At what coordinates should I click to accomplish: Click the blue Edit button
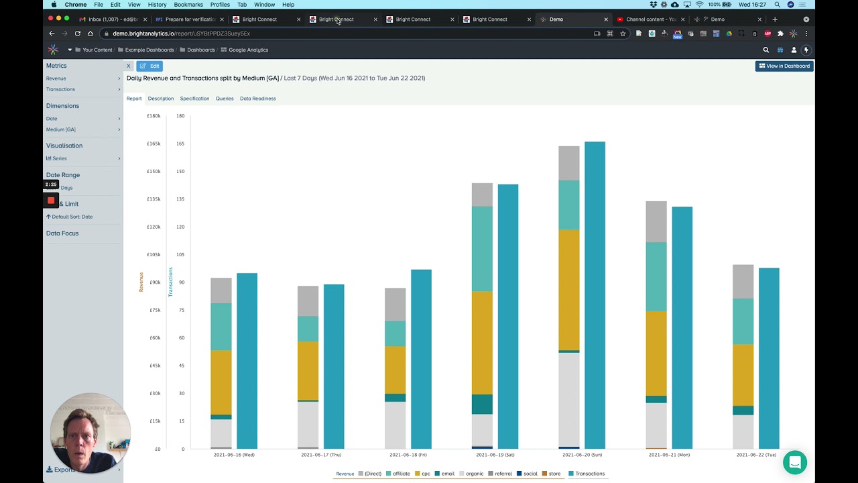point(149,66)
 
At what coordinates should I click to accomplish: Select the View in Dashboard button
point(784,66)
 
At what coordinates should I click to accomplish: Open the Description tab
point(160,99)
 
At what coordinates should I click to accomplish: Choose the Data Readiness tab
point(257,99)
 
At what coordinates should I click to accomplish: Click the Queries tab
point(225,99)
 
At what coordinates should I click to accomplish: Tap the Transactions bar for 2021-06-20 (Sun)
point(595,295)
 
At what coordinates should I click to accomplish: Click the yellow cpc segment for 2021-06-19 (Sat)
point(482,342)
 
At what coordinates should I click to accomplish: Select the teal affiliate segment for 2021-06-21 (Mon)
point(656,276)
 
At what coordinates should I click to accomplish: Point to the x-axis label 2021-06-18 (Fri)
point(408,455)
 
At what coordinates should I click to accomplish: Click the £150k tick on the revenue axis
point(154,171)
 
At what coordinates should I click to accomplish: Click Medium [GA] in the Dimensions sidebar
point(61,129)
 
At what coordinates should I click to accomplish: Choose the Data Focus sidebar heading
point(62,233)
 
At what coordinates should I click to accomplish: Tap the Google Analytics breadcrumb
point(248,50)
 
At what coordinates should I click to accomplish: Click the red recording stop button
point(51,200)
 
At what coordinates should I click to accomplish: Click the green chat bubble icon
point(795,462)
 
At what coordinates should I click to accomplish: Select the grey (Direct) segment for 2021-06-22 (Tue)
point(743,282)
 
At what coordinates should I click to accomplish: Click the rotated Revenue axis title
point(141,282)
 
